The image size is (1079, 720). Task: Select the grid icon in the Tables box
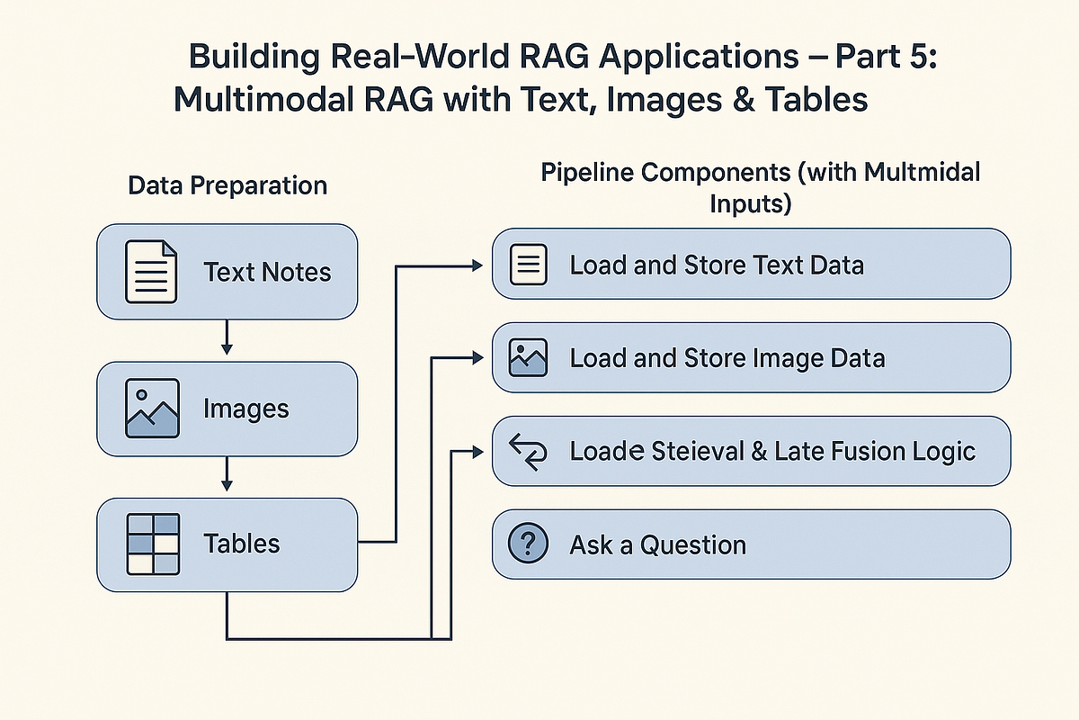click(x=151, y=544)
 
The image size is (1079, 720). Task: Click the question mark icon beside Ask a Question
click(x=529, y=544)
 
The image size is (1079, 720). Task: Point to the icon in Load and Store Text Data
click(x=529, y=264)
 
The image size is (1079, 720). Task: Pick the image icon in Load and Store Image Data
click(x=529, y=357)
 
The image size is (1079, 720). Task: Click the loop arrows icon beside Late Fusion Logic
click(x=529, y=450)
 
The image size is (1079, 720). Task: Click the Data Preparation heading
click(x=227, y=185)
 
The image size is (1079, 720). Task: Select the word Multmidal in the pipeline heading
click(x=923, y=172)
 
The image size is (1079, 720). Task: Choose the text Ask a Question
click(x=657, y=544)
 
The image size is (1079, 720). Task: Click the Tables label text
click(x=242, y=544)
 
